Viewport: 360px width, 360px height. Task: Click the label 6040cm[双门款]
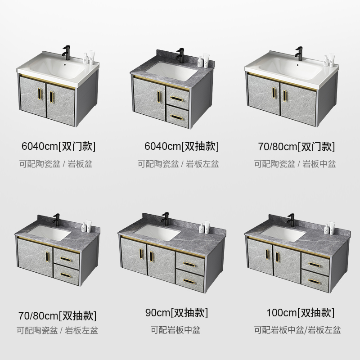pos(58,146)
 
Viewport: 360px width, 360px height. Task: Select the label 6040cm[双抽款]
pos(181,146)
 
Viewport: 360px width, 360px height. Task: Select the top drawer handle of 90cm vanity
pos(190,261)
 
